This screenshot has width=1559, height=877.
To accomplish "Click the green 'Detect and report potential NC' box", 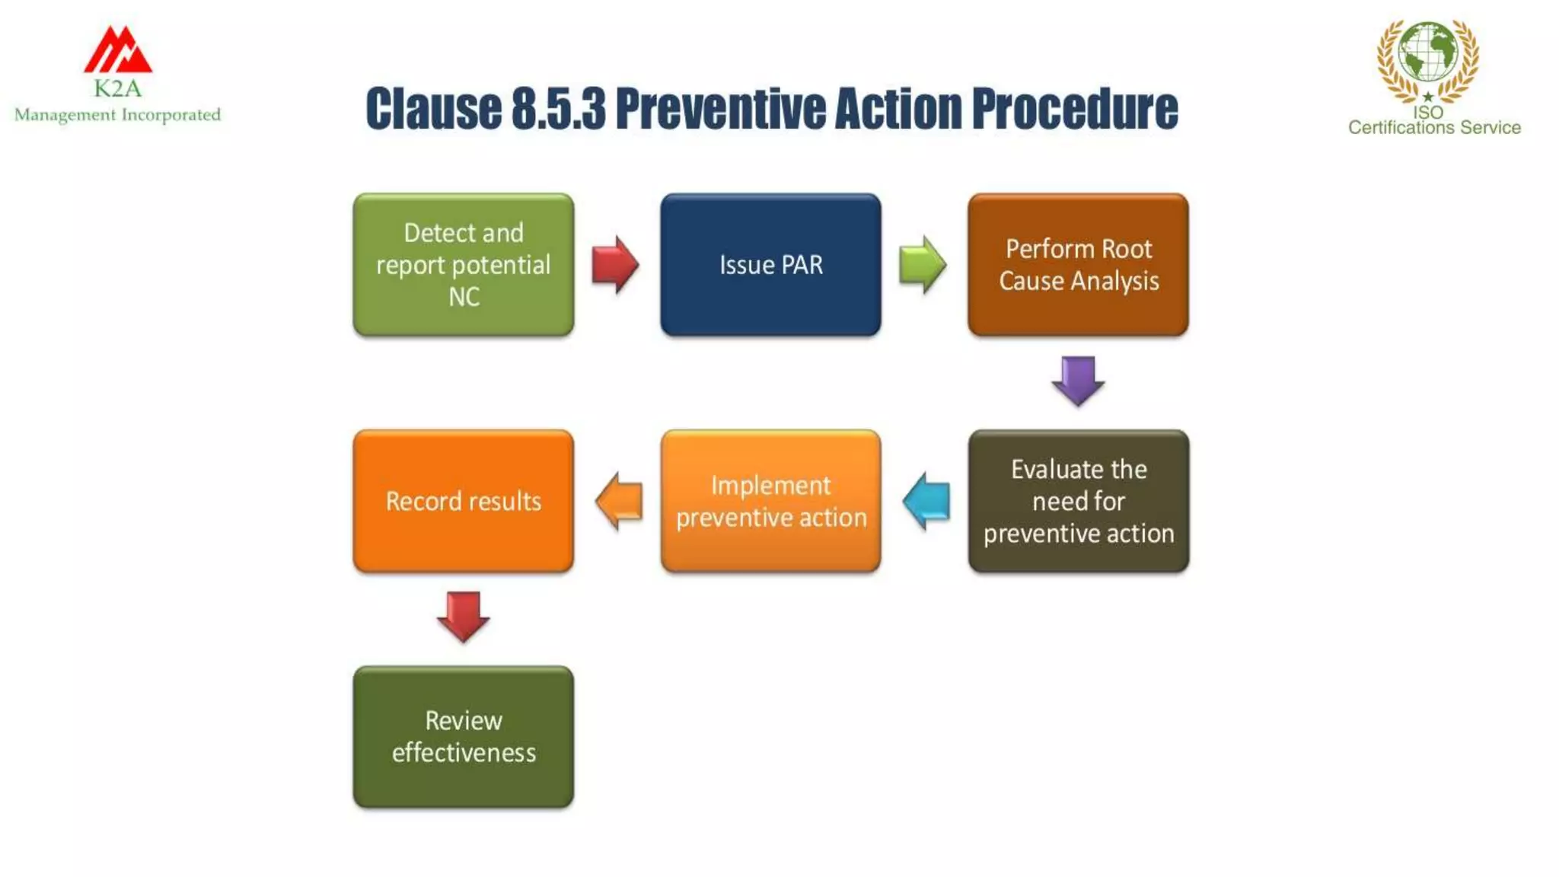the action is point(463,264).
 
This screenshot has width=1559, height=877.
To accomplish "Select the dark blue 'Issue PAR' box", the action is point(770,264).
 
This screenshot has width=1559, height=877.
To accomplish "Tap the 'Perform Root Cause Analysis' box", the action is point(1078,264).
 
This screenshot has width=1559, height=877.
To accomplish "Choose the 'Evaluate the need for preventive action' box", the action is point(1078,501).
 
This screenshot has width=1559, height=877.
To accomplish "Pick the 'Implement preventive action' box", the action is point(770,501).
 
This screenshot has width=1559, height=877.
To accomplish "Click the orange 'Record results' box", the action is point(463,501).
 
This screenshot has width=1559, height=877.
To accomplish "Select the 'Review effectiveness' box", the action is point(463,736).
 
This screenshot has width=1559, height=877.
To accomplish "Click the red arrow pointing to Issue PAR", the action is point(615,264).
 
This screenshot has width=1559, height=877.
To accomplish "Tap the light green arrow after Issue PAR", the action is point(923,264).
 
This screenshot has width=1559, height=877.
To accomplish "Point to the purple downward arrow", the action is point(1078,381).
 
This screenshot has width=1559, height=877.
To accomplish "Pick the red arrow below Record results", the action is point(463,616).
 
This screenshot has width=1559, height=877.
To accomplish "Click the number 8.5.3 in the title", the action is point(558,108).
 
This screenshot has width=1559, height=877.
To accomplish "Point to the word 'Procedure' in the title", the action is point(1075,108).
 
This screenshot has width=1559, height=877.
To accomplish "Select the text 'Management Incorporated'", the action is point(117,115).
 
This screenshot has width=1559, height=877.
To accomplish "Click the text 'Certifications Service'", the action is point(1434,127).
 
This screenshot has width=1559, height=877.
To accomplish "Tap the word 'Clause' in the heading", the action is point(433,108).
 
